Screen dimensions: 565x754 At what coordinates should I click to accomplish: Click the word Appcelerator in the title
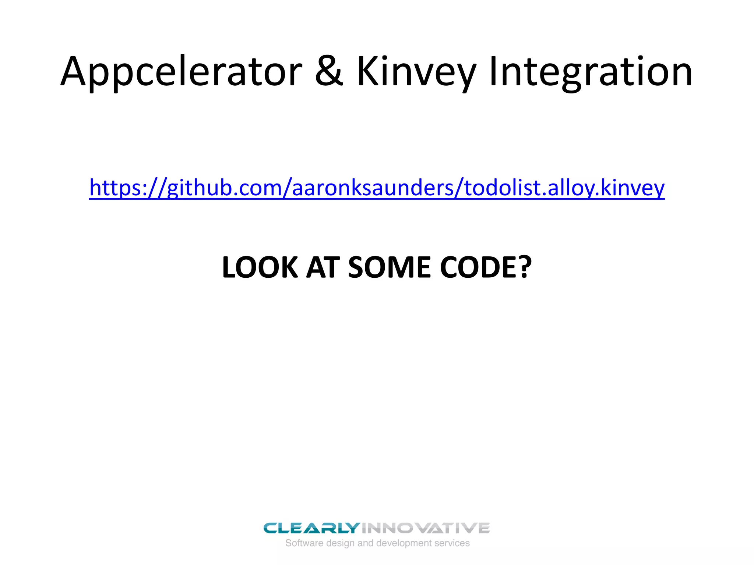(x=181, y=72)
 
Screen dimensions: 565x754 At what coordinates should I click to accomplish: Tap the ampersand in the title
(x=329, y=72)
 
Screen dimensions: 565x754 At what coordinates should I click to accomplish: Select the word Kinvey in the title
(x=416, y=72)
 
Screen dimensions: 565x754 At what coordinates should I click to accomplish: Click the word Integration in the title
(x=591, y=72)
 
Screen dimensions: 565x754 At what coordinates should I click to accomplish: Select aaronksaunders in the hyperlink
(x=373, y=188)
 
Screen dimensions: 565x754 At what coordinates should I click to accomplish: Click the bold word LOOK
(x=260, y=267)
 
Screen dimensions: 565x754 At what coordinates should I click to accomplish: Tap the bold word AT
(x=323, y=267)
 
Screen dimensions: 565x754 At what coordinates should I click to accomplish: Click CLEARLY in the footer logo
(x=311, y=528)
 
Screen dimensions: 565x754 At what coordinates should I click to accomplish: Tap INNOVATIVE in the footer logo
(x=426, y=528)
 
